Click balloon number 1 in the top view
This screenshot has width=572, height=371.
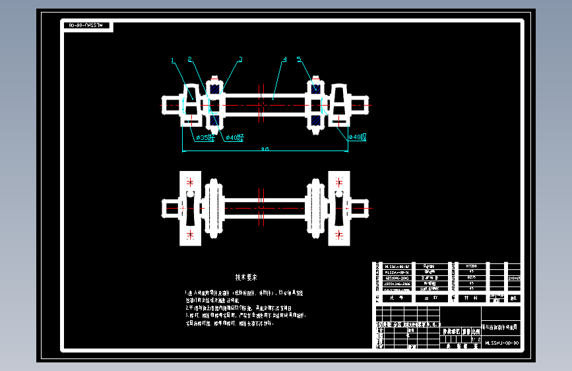click(173, 61)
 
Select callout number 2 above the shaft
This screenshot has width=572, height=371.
click(190, 59)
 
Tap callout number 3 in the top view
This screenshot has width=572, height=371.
click(240, 59)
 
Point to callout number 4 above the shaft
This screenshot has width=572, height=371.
click(284, 59)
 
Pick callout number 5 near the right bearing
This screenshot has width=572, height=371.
click(299, 59)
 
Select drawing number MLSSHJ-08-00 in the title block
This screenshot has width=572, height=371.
click(502, 343)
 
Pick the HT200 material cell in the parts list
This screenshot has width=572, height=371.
click(471, 265)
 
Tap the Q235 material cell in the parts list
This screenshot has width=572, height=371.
click(471, 277)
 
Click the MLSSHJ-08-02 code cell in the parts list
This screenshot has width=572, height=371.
click(397, 265)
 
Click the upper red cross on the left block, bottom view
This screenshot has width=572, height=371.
click(191, 181)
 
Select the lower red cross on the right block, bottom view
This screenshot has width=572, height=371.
click(339, 234)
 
